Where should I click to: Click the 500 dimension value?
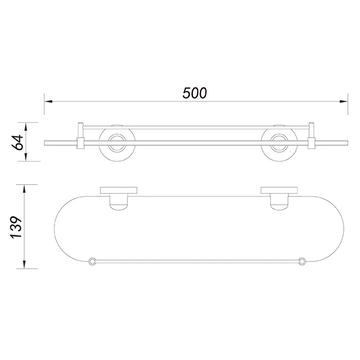coord(195,93)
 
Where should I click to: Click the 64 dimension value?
coord(18,142)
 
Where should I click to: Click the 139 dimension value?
coord(16,227)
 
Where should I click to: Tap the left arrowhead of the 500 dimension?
coord(49,101)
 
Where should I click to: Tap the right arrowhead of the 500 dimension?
coord(343,101)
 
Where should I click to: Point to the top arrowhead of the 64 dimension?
coord(26,127)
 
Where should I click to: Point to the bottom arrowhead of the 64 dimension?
coord(26,157)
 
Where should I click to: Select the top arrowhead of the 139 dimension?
coord(24,189)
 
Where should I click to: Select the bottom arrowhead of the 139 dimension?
coord(24,264)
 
